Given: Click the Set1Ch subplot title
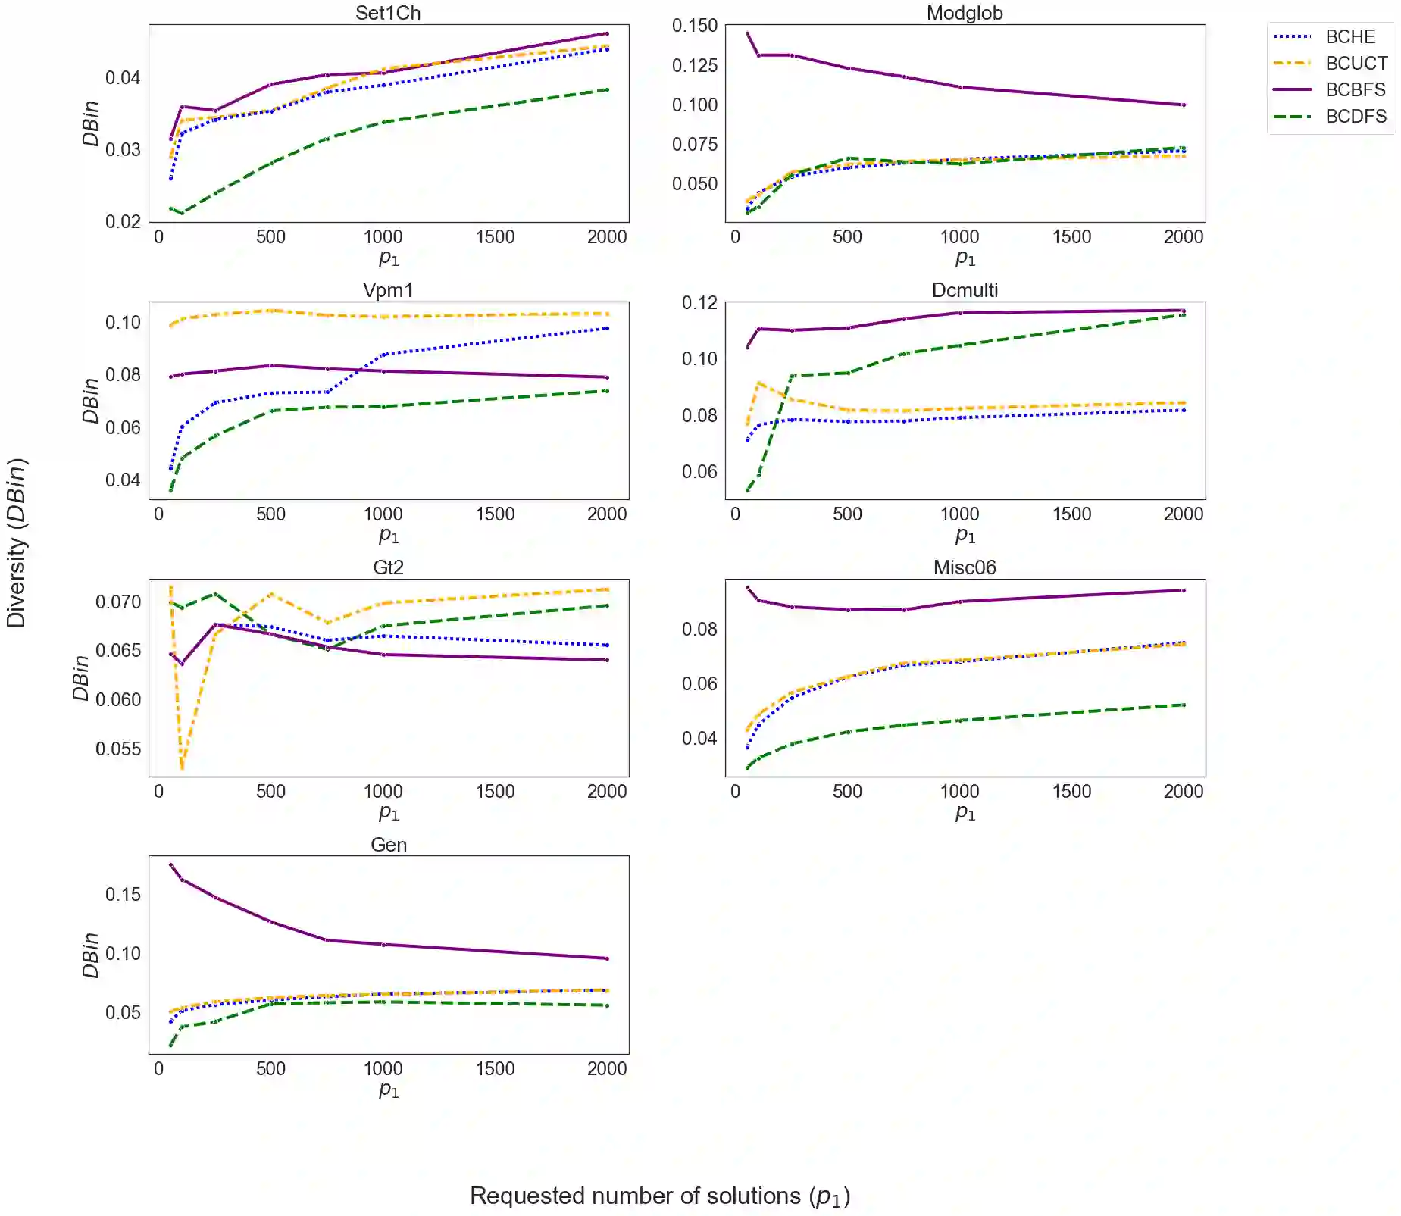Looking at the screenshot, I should (388, 13).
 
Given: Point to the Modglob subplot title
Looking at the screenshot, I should (965, 13).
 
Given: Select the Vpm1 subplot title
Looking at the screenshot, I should (388, 290).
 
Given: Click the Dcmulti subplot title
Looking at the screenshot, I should (965, 290).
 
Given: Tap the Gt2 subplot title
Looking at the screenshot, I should (388, 567).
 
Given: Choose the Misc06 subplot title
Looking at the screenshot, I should (965, 567).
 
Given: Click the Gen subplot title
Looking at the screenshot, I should (388, 845).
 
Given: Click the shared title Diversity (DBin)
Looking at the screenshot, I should (17, 542).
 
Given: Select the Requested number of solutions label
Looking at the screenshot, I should (660, 1196).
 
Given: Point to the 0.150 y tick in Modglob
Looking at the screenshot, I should (694, 26).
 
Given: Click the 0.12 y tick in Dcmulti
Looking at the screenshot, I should (699, 303).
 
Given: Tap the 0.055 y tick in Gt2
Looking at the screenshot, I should (117, 749).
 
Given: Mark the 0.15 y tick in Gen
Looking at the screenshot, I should (123, 895).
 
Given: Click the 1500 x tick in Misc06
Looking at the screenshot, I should (1071, 792).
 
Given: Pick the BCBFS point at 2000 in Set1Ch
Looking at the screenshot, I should (607, 33).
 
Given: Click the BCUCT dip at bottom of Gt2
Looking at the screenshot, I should (182, 767).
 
